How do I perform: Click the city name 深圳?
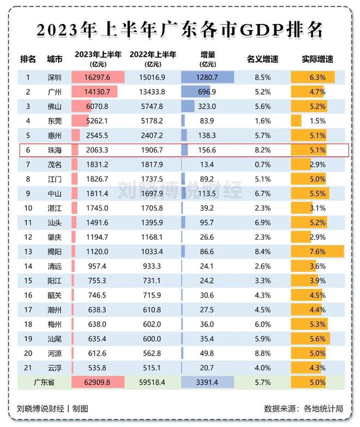pyautogui.click(x=55, y=78)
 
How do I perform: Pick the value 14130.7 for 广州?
pyautogui.click(x=99, y=92)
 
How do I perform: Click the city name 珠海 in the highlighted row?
pyautogui.click(x=55, y=149)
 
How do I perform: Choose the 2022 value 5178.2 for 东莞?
pyautogui.click(x=153, y=120)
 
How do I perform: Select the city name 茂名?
pyautogui.click(x=55, y=164)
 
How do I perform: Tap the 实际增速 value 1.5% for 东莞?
pyautogui.click(x=317, y=120)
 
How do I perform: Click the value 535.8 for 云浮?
pyautogui.click(x=99, y=367)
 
